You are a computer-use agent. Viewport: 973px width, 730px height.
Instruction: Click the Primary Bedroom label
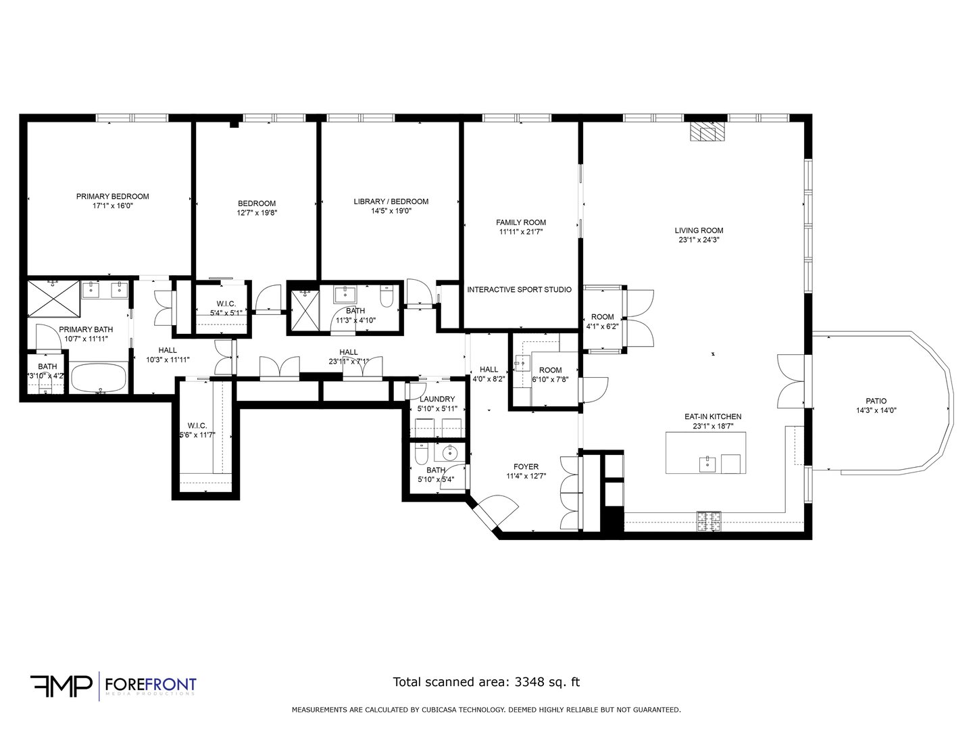tap(113, 196)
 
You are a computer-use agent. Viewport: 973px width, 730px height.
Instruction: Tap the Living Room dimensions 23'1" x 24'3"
tap(699, 240)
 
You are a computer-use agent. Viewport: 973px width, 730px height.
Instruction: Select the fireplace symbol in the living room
tap(707, 132)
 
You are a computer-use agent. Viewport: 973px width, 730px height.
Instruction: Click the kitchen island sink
tap(707, 464)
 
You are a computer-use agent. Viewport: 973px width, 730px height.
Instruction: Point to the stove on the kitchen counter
tap(709, 521)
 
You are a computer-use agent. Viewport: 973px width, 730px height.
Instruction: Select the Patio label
tap(876, 401)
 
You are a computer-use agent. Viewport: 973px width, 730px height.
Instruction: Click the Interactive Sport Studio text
tap(519, 289)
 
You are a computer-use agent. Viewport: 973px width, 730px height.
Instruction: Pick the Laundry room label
tap(437, 399)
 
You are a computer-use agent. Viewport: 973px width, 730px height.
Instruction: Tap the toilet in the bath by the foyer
tap(421, 454)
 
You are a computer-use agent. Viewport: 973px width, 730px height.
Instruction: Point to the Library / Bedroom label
tap(391, 201)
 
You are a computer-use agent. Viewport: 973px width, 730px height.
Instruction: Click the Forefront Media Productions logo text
tap(151, 685)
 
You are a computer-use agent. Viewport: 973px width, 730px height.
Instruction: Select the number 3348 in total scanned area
tap(529, 682)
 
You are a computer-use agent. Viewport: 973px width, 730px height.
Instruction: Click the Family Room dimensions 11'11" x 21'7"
tap(521, 231)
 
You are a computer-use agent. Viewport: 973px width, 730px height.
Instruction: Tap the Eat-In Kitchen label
tap(713, 416)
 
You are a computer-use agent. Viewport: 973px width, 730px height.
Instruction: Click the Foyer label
tap(526, 466)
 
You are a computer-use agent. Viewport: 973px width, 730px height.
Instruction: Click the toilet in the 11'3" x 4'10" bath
tap(387, 297)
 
